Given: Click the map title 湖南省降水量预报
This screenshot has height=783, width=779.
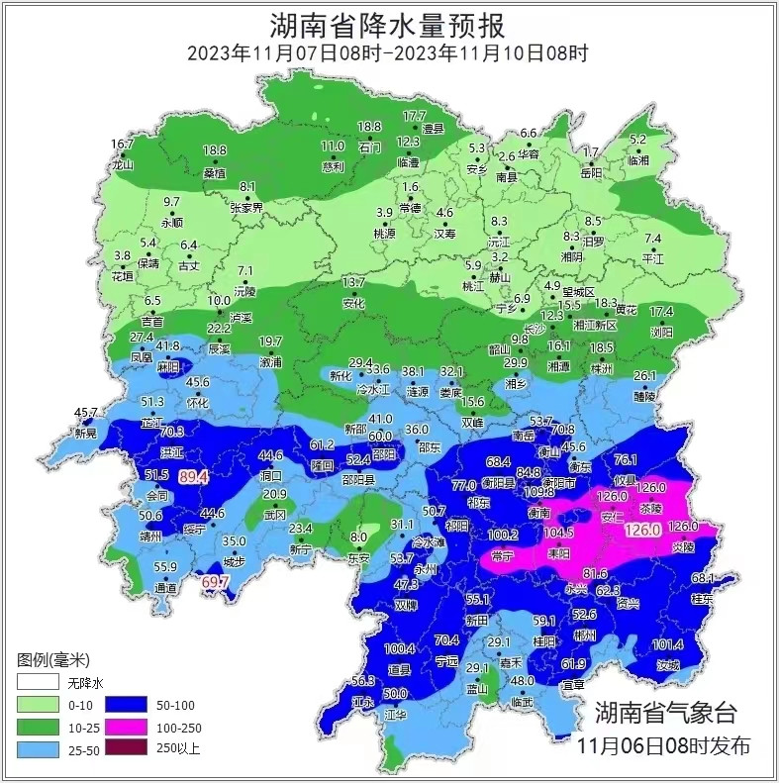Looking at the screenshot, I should (388, 23).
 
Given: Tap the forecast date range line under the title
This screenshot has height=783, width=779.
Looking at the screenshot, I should (388, 52).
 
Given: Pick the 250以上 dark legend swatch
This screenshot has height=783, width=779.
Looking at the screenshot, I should (129, 747).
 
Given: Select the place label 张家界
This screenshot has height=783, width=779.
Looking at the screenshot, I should (246, 208).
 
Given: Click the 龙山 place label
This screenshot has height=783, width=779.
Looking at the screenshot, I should (123, 165).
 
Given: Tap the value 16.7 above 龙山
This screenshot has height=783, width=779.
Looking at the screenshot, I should (122, 145).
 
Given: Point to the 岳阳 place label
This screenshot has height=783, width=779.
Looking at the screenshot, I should (591, 172).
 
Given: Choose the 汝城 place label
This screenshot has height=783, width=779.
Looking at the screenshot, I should (669, 665).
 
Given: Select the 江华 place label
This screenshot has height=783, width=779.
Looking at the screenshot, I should (395, 714).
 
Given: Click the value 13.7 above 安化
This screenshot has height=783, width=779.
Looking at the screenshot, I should (353, 283).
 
